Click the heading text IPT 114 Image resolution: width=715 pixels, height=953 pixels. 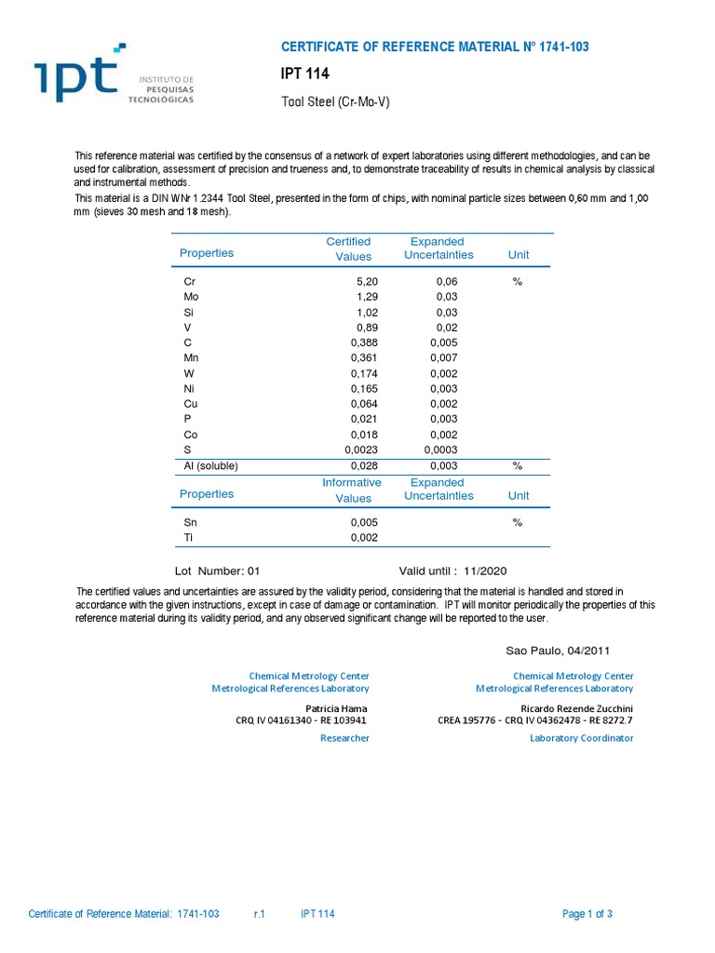[x=305, y=74]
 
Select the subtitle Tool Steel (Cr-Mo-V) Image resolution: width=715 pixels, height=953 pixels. [x=335, y=101]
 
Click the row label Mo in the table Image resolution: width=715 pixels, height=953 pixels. [x=191, y=298]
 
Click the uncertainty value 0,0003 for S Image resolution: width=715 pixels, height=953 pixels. [x=440, y=449]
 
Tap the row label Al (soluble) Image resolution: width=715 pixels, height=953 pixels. [x=212, y=465]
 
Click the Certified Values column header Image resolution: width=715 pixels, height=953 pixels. [x=348, y=248]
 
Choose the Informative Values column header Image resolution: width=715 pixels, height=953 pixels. [x=352, y=490]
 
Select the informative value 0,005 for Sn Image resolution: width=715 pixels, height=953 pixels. [x=363, y=522]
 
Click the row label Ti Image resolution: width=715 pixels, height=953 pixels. [x=189, y=538]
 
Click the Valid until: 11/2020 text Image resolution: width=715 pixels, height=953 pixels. [x=453, y=570]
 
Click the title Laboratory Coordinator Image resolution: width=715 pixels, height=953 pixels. [x=582, y=738]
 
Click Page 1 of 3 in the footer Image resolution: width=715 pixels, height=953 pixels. [x=587, y=914]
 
